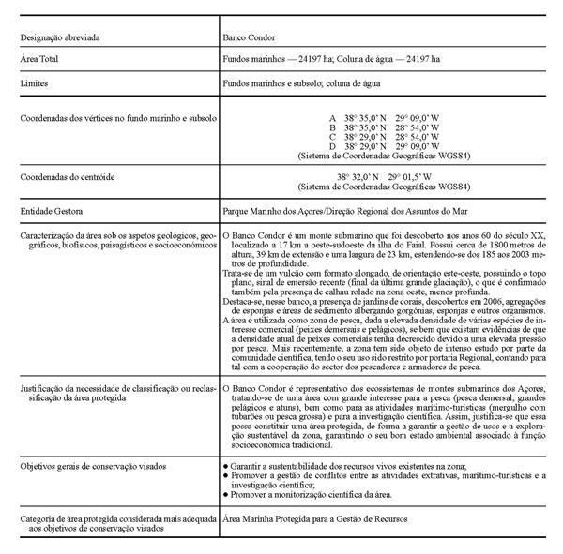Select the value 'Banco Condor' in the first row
[247, 38]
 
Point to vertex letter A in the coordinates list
[332, 119]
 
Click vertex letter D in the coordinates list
[332, 147]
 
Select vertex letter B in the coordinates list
[332, 128]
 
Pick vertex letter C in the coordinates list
[332, 138]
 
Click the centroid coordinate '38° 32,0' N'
[359, 176]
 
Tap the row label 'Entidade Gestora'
[55, 212]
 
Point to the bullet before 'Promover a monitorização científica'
[225, 492]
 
